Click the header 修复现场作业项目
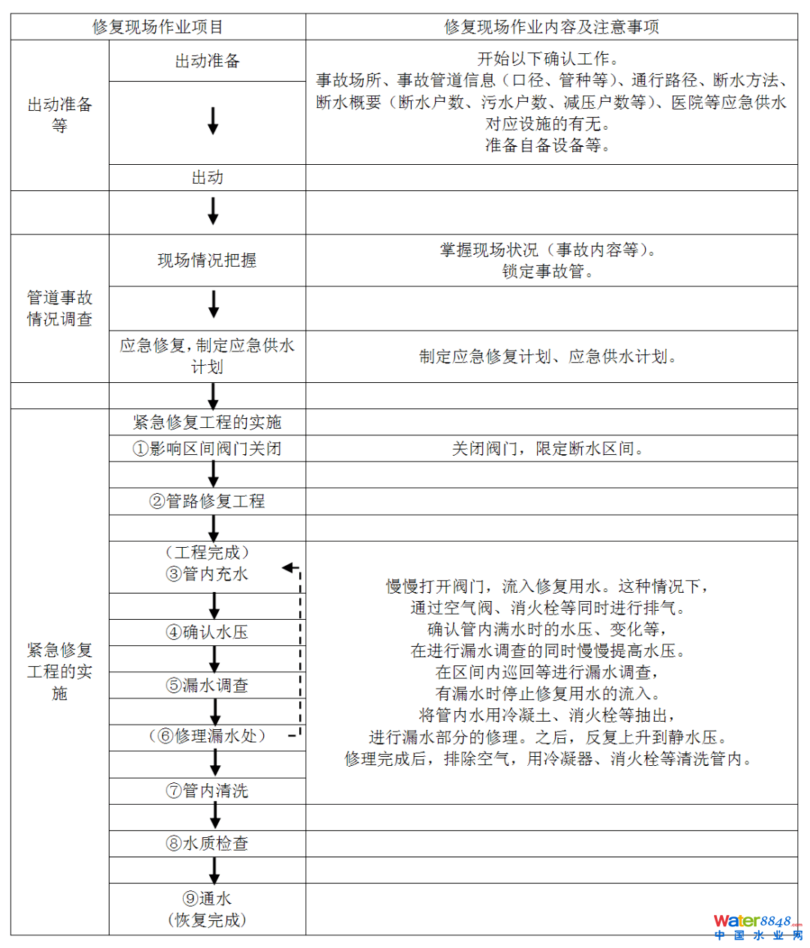pyautogui.click(x=157, y=27)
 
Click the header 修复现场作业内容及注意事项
pyautogui.click(x=551, y=27)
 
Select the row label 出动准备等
pyautogui.click(x=59, y=115)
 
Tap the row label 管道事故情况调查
pyautogui.click(x=59, y=308)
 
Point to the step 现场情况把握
pyautogui.click(x=207, y=260)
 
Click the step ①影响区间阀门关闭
pyautogui.click(x=207, y=449)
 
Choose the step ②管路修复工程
pyautogui.click(x=207, y=501)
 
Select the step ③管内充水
pyautogui.click(x=207, y=574)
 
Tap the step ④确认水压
pyautogui.click(x=207, y=632)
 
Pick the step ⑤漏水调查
pyautogui.click(x=207, y=685)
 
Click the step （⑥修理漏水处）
pyautogui.click(x=207, y=737)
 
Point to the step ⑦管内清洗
pyautogui.click(x=207, y=791)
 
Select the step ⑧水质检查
pyautogui.click(x=207, y=843)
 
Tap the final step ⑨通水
pyautogui.click(x=207, y=899)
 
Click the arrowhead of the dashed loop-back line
pyautogui.click(x=287, y=568)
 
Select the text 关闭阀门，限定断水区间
pyautogui.click(x=549, y=449)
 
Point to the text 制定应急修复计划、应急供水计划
pyautogui.click(x=549, y=357)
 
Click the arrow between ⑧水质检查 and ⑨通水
pyautogui.click(x=214, y=870)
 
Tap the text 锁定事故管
pyautogui.click(x=549, y=271)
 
